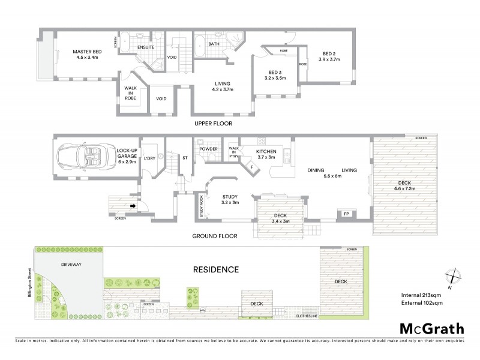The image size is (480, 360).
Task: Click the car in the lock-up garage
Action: (x=84, y=158)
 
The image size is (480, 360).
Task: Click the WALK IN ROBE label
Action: (x=130, y=92)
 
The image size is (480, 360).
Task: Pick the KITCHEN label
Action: (x=266, y=152)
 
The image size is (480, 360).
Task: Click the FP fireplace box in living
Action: (x=346, y=214)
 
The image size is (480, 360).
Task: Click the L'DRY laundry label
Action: (x=149, y=158)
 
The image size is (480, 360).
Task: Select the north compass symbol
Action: (x=453, y=277)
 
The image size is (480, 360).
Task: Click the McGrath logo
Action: (x=431, y=328)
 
